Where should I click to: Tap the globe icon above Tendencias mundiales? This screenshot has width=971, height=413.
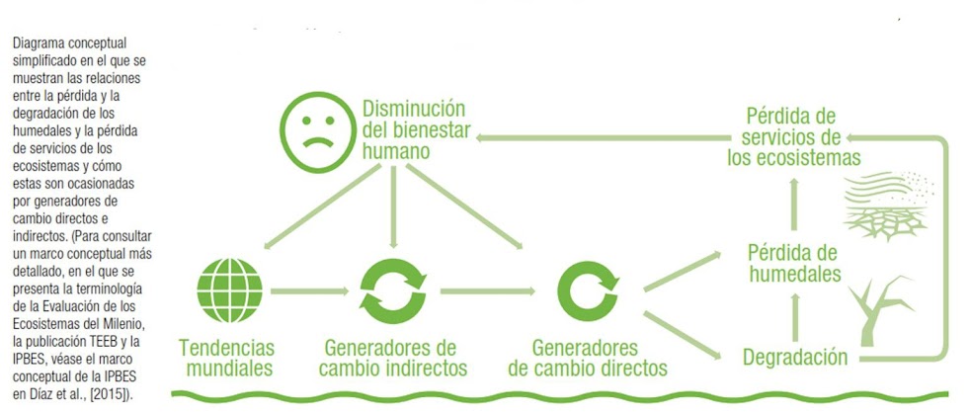click(233, 290)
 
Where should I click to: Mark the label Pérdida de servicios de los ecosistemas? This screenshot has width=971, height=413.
click(793, 134)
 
